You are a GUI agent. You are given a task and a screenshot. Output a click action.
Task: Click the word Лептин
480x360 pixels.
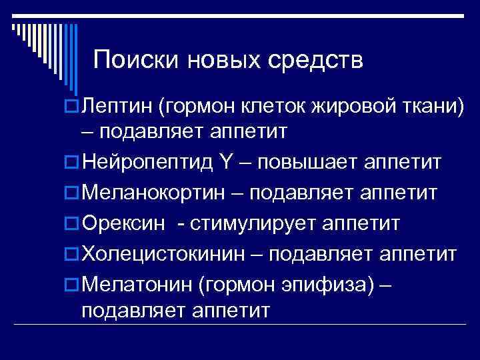point(118,105)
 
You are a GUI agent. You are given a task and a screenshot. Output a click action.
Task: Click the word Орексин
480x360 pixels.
point(123,223)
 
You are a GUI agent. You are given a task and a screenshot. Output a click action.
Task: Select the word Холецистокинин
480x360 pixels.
point(171,254)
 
